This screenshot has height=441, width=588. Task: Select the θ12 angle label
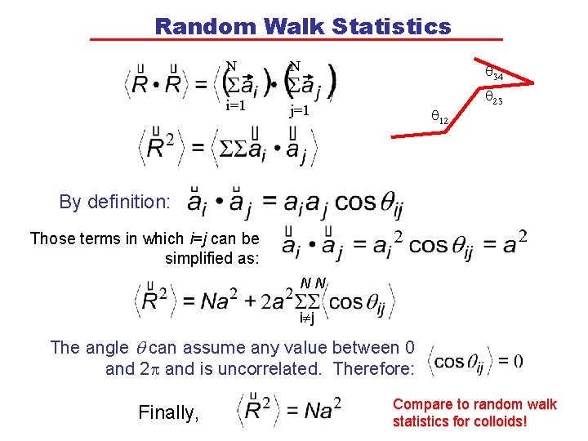(439, 119)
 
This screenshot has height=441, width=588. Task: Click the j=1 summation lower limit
(299, 110)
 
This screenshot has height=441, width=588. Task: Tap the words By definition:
(115, 202)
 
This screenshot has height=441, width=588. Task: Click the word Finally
(169, 413)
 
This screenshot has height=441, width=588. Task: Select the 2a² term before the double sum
(278, 302)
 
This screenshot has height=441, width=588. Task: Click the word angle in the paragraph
(104, 348)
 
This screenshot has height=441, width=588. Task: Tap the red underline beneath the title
(296, 40)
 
